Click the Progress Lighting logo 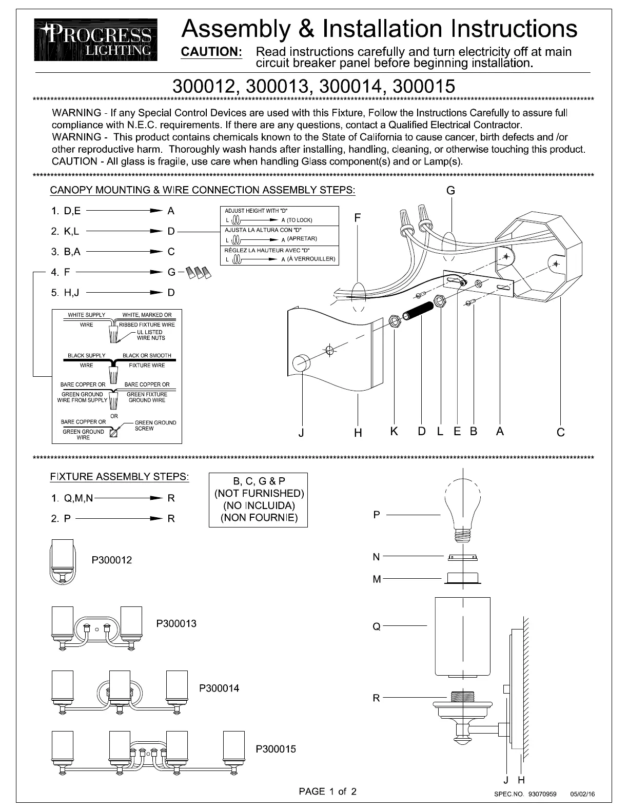tap(96, 40)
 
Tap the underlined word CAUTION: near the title tap(212, 52)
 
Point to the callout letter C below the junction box tap(560, 432)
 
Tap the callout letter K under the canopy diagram tap(394, 432)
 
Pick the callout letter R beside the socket tap(377, 698)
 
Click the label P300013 tap(176, 623)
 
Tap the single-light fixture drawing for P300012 tap(62, 562)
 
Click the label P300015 tap(276, 749)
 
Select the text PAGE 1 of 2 tap(328, 791)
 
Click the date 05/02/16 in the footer tap(582, 794)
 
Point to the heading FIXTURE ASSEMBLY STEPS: tap(120, 477)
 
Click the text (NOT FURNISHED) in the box tap(259, 493)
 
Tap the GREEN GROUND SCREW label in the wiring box tap(155, 425)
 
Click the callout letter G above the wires tap(450, 191)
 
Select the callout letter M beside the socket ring tap(377, 579)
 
